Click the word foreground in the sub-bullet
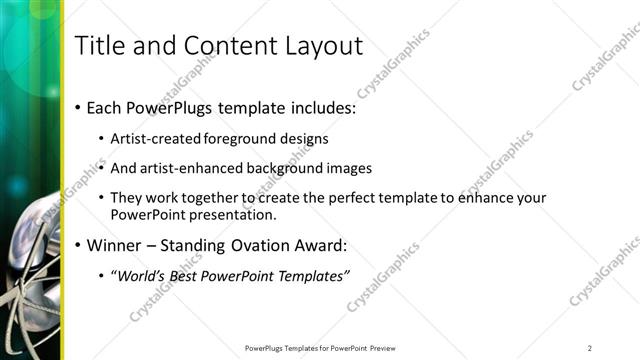pos(236,138)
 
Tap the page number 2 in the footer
pos(589,348)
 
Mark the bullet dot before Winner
pos(78,245)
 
